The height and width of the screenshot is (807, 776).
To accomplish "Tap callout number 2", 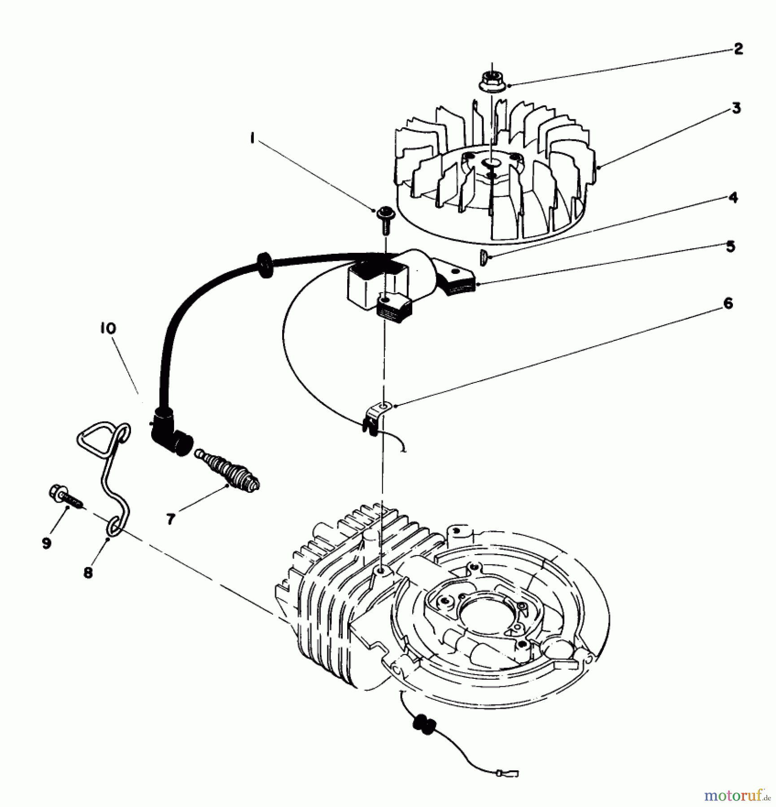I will point(738,48).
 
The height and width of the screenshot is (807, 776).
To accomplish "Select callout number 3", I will point(736,108).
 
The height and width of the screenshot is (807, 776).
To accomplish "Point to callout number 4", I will point(733,197).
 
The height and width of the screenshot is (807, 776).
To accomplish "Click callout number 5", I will point(731,246).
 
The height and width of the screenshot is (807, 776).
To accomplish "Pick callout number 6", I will point(728,304).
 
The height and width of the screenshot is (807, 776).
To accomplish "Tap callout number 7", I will point(170,519).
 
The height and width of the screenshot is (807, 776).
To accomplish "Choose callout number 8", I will point(88,572).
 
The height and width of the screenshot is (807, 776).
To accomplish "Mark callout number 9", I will point(47,543).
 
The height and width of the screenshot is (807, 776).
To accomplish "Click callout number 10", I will point(108,328).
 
